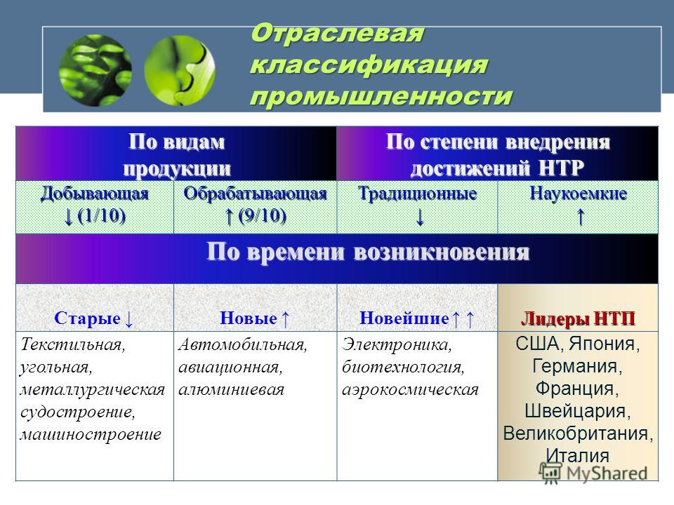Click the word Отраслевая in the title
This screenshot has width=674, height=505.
pos(338,34)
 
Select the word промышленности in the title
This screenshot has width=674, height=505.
pos(381,96)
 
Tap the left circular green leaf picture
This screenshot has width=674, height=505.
pos(95,70)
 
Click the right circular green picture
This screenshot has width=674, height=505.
pos(180,70)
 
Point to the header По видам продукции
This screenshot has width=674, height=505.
pos(177,154)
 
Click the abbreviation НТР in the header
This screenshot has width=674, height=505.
pos(561,168)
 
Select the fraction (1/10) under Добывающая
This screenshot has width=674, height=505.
pos(101,215)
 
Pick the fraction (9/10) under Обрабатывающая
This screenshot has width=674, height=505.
pos(262,215)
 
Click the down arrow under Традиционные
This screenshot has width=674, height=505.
pos(420,217)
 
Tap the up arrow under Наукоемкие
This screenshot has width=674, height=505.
pos(581,217)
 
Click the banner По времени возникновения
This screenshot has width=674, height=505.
pos(368,252)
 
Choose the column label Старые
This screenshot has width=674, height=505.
pos(87,318)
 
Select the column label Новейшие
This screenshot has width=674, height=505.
pos(404,318)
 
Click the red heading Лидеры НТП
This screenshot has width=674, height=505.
pos(578,318)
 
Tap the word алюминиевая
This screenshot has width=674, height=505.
pos(231,389)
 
